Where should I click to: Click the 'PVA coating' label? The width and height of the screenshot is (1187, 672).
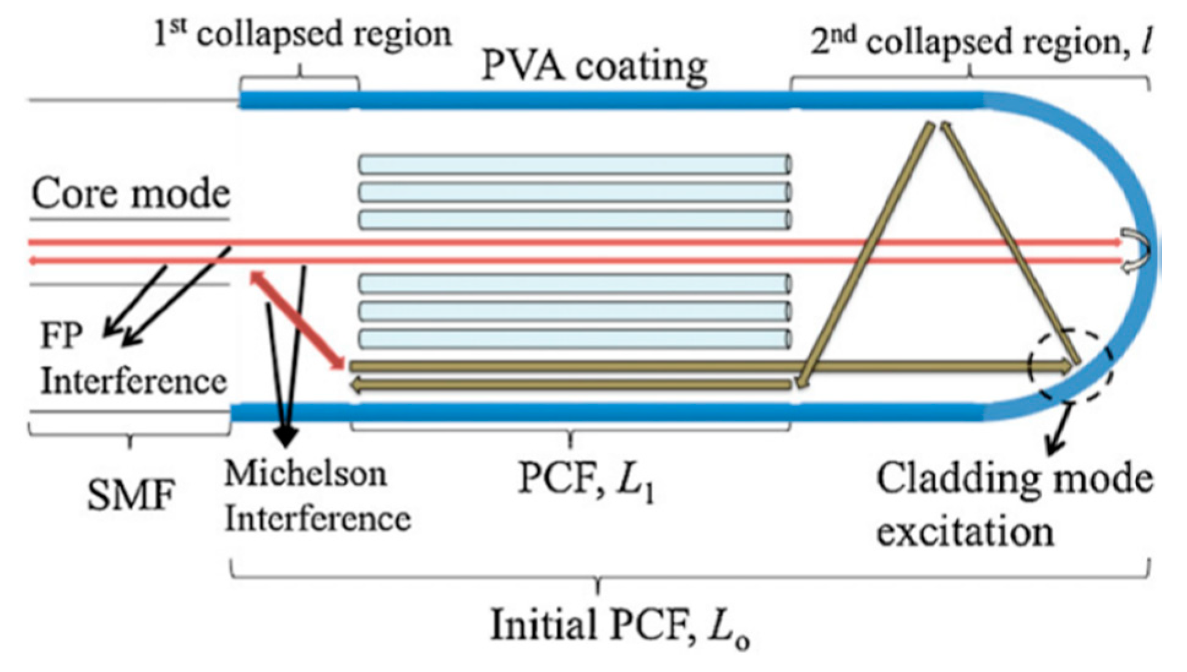(x=594, y=66)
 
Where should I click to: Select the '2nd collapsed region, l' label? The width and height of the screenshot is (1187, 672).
(x=979, y=42)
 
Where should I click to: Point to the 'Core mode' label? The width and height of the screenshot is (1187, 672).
(x=131, y=194)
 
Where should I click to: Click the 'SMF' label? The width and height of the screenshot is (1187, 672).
(x=131, y=494)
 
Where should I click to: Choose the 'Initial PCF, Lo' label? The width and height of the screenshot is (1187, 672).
(x=619, y=627)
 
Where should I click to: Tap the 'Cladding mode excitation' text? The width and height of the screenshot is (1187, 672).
(x=1014, y=504)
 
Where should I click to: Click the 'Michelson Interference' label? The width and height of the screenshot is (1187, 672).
(x=316, y=496)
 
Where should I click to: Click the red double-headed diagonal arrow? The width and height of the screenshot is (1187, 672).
(x=297, y=321)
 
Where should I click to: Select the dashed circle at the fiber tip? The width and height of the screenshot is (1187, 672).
(x=1071, y=366)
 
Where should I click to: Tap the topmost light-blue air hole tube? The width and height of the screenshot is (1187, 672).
(x=575, y=164)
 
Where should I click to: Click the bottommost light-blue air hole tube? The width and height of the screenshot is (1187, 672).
(x=575, y=339)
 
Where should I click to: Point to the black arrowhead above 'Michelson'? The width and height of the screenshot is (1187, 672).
(x=286, y=435)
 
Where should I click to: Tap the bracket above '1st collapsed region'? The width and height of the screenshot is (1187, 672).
(x=300, y=78)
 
